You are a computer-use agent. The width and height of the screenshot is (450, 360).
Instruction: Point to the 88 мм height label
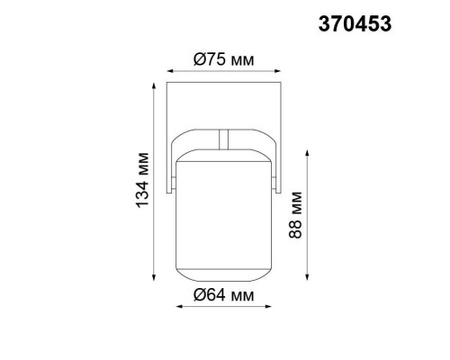pyautogui.click(x=296, y=219)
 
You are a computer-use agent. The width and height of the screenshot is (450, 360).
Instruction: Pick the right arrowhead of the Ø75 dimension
pyautogui.click(x=275, y=70)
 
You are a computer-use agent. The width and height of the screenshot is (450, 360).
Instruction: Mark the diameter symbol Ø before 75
pyautogui.click(x=201, y=59)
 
